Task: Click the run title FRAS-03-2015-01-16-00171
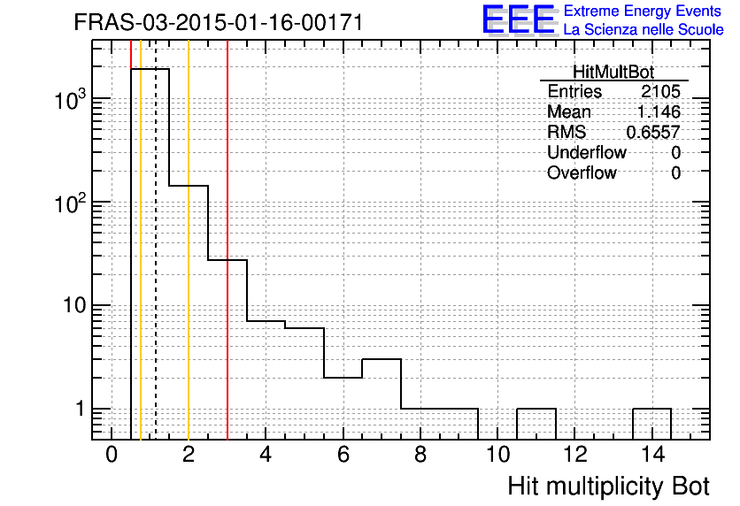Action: [x=219, y=22]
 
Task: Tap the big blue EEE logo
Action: [x=519, y=19]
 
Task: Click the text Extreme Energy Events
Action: [x=643, y=11]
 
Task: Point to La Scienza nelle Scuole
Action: [x=644, y=29]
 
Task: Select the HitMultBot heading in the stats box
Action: [x=613, y=72]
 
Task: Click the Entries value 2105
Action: [x=660, y=91]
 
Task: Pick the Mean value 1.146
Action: [x=659, y=111]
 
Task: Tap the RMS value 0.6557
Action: [x=653, y=132]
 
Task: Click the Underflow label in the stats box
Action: [x=587, y=152]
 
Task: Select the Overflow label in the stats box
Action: [x=582, y=172]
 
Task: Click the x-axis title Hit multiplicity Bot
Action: [x=608, y=487]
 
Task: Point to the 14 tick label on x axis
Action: [x=652, y=455]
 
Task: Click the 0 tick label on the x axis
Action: [x=112, y=455]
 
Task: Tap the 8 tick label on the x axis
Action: [x=420, y=455]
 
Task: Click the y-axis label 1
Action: [x=81, y=409]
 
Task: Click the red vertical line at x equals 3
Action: [x=227, y=240]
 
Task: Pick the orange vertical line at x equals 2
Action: [x=189, y=240]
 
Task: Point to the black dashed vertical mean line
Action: [x=156, y=240]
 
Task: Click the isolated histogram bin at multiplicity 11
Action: [x=536, y=409]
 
